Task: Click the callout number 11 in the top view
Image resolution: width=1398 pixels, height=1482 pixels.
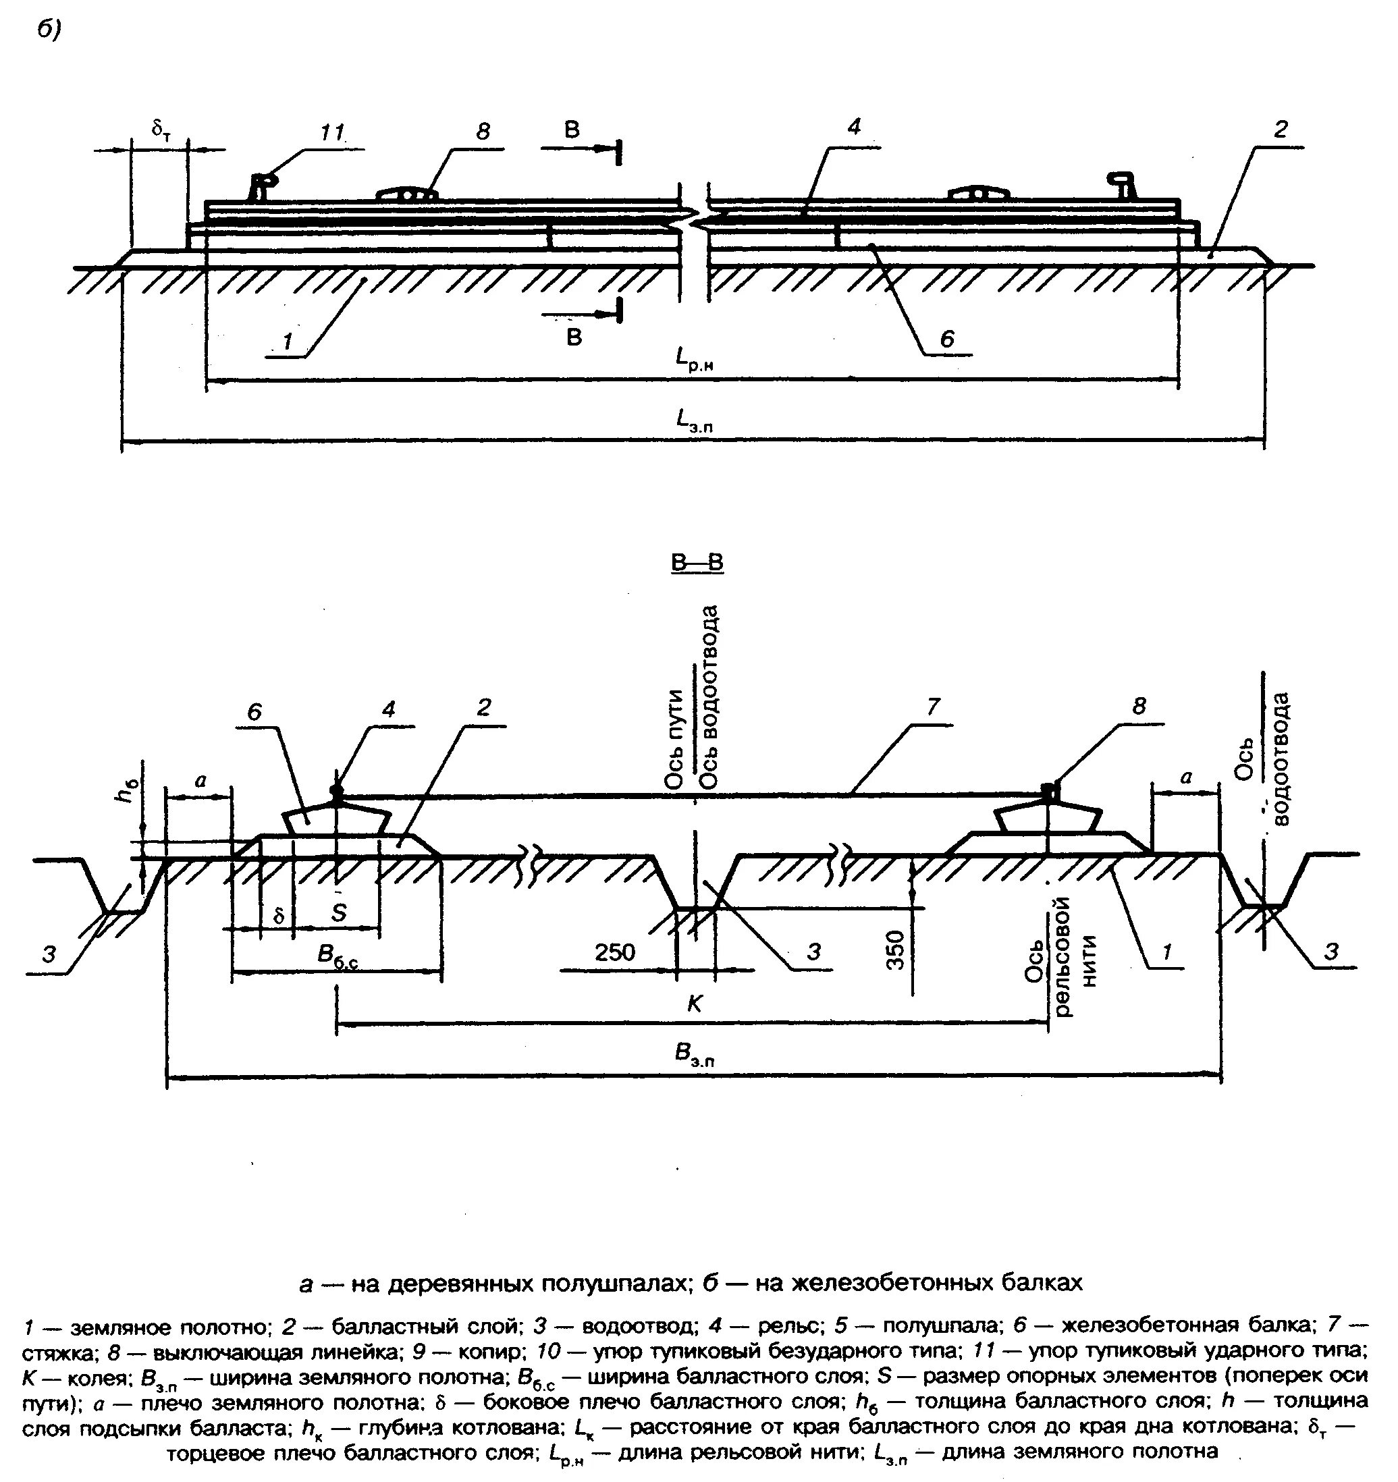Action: tap(333, 134)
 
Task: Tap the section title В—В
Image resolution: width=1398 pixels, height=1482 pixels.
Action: tap(697, 563)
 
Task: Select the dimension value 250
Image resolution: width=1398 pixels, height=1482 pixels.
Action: tap(615, 952)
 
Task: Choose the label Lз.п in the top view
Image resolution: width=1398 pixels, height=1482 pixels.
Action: tap(694, 421)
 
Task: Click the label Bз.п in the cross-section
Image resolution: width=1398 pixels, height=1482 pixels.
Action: tap(694, 1055)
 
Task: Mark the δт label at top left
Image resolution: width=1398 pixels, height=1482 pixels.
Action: tap(159, 130)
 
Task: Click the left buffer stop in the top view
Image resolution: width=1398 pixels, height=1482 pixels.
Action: tap(262, 185)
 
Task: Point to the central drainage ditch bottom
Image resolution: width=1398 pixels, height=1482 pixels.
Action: tap(695, 909)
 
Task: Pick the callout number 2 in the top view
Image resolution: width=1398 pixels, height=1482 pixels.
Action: tap(1279, 130)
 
